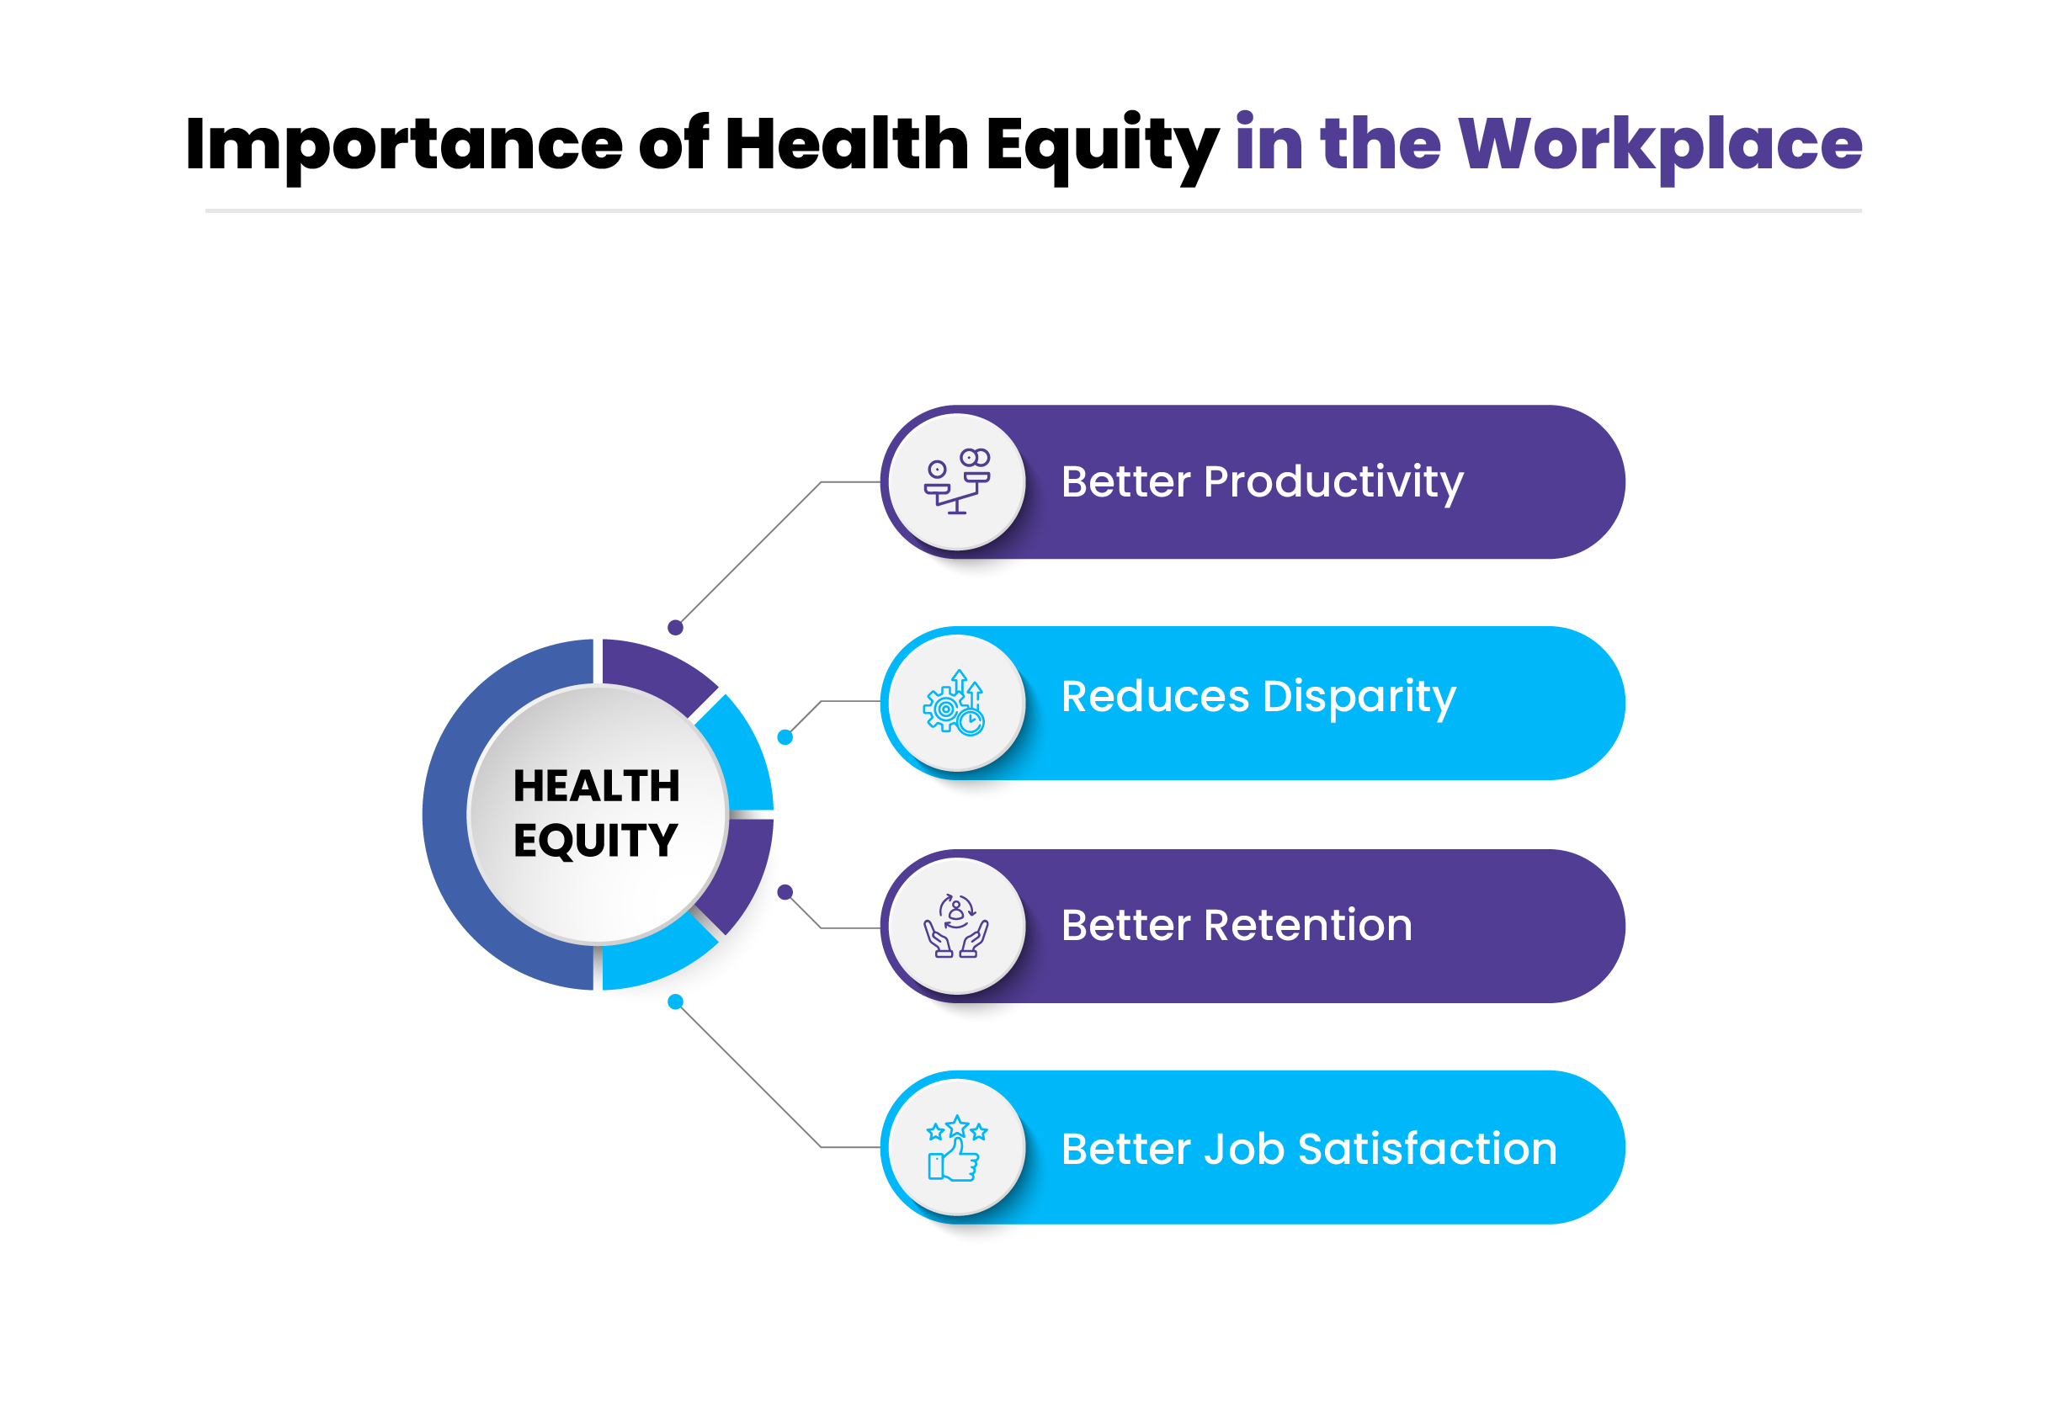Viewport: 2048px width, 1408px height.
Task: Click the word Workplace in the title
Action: point(1659,144)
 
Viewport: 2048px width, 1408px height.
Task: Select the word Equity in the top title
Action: point(1101,144)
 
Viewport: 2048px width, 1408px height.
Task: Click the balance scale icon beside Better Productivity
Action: point(956,481)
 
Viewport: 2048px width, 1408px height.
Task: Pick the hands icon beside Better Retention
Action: point(955,926)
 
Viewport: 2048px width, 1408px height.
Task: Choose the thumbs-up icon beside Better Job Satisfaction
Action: point(955,1148)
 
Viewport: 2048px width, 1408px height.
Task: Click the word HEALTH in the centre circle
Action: point(597,786)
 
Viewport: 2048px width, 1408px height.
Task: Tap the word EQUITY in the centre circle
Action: point(596,840)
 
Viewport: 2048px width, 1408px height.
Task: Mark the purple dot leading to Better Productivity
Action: point(675,628)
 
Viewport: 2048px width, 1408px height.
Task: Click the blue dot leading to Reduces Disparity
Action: point(785,737)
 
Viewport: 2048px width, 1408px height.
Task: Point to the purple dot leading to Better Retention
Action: point(785,893)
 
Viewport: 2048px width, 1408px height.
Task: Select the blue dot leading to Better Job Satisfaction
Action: point(675,1002)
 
